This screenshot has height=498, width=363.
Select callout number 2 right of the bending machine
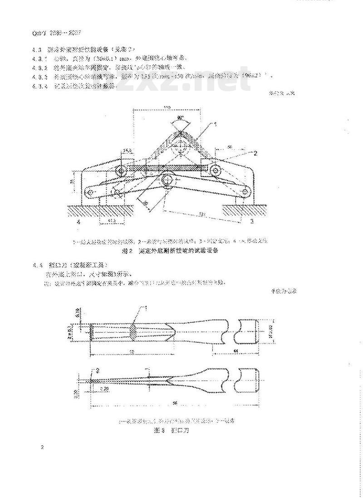click(x=255, y=153)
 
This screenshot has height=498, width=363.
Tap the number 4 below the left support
click(x=78, y=222)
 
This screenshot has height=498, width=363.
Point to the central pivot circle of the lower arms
click(x=167, y=179)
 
